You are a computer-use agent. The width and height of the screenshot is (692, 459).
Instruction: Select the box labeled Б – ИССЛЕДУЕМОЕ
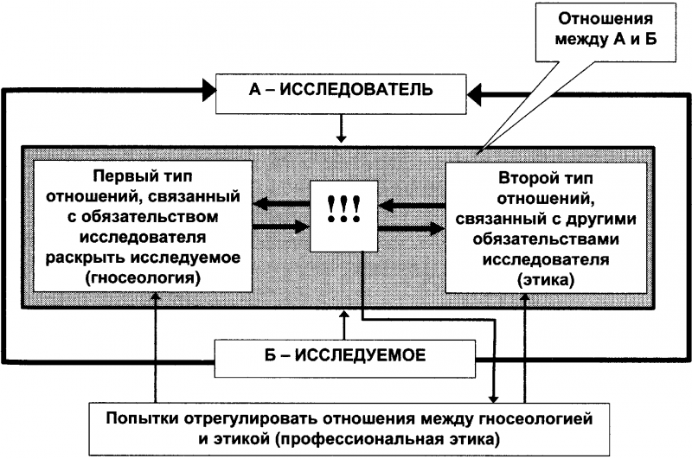pyautogui.click(x=345, y=355)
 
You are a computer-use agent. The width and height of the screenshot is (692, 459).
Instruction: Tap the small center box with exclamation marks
pyautogui.click(x=344, y=215)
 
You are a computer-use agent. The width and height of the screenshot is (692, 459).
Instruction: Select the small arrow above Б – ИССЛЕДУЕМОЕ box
pyautogui.click(x=344, y=325)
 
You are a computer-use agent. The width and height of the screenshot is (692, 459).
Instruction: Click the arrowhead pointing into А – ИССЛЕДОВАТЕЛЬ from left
pyautogui.click(x=208, y=88)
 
